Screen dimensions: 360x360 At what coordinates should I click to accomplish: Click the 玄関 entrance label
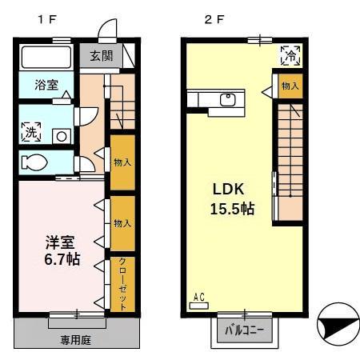101,56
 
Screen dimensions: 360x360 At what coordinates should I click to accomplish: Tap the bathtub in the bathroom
46,58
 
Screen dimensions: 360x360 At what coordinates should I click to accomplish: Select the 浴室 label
46,85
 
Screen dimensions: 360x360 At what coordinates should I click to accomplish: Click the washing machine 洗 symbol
31,132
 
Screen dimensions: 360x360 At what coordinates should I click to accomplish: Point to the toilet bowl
34,162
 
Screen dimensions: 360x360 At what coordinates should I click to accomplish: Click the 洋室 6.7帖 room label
62,250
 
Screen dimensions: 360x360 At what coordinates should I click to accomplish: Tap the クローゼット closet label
122,283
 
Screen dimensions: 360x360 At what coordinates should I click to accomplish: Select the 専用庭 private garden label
76,340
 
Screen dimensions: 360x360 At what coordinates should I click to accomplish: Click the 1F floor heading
47,19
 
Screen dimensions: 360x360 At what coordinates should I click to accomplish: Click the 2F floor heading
214,19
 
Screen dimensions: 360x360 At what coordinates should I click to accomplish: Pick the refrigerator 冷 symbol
290,55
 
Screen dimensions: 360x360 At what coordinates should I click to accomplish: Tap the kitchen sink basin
228,100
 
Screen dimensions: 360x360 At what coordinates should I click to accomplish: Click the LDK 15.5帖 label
232,198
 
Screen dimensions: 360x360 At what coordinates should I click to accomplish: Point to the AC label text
199,297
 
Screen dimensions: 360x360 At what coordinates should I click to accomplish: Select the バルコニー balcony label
244,330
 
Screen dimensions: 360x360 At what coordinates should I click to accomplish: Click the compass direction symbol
338,324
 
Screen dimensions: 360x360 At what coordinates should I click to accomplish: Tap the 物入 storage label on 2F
290,86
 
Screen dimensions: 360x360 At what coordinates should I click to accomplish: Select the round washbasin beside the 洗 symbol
62,137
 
